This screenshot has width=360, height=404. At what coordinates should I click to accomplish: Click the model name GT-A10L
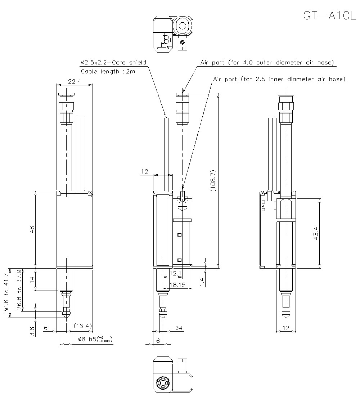pos(329,16)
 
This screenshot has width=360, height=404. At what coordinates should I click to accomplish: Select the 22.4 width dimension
pos(74,82)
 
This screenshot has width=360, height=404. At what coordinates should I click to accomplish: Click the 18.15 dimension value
pos(177,284)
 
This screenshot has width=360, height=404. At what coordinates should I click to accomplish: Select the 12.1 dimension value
pos(175,274)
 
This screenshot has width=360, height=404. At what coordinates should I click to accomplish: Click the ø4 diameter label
pos(179,328)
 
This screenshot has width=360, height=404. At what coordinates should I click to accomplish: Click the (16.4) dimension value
pos(83,326)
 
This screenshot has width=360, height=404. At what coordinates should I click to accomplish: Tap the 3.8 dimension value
pos(32,331)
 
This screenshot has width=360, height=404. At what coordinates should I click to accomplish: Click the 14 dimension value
pos(32,279)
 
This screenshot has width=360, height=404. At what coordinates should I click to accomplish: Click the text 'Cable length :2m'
pos(108,71)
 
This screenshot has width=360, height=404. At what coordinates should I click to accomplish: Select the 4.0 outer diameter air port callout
pos(267,63)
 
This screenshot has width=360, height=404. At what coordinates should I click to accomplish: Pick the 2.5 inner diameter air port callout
pos(279,79)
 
